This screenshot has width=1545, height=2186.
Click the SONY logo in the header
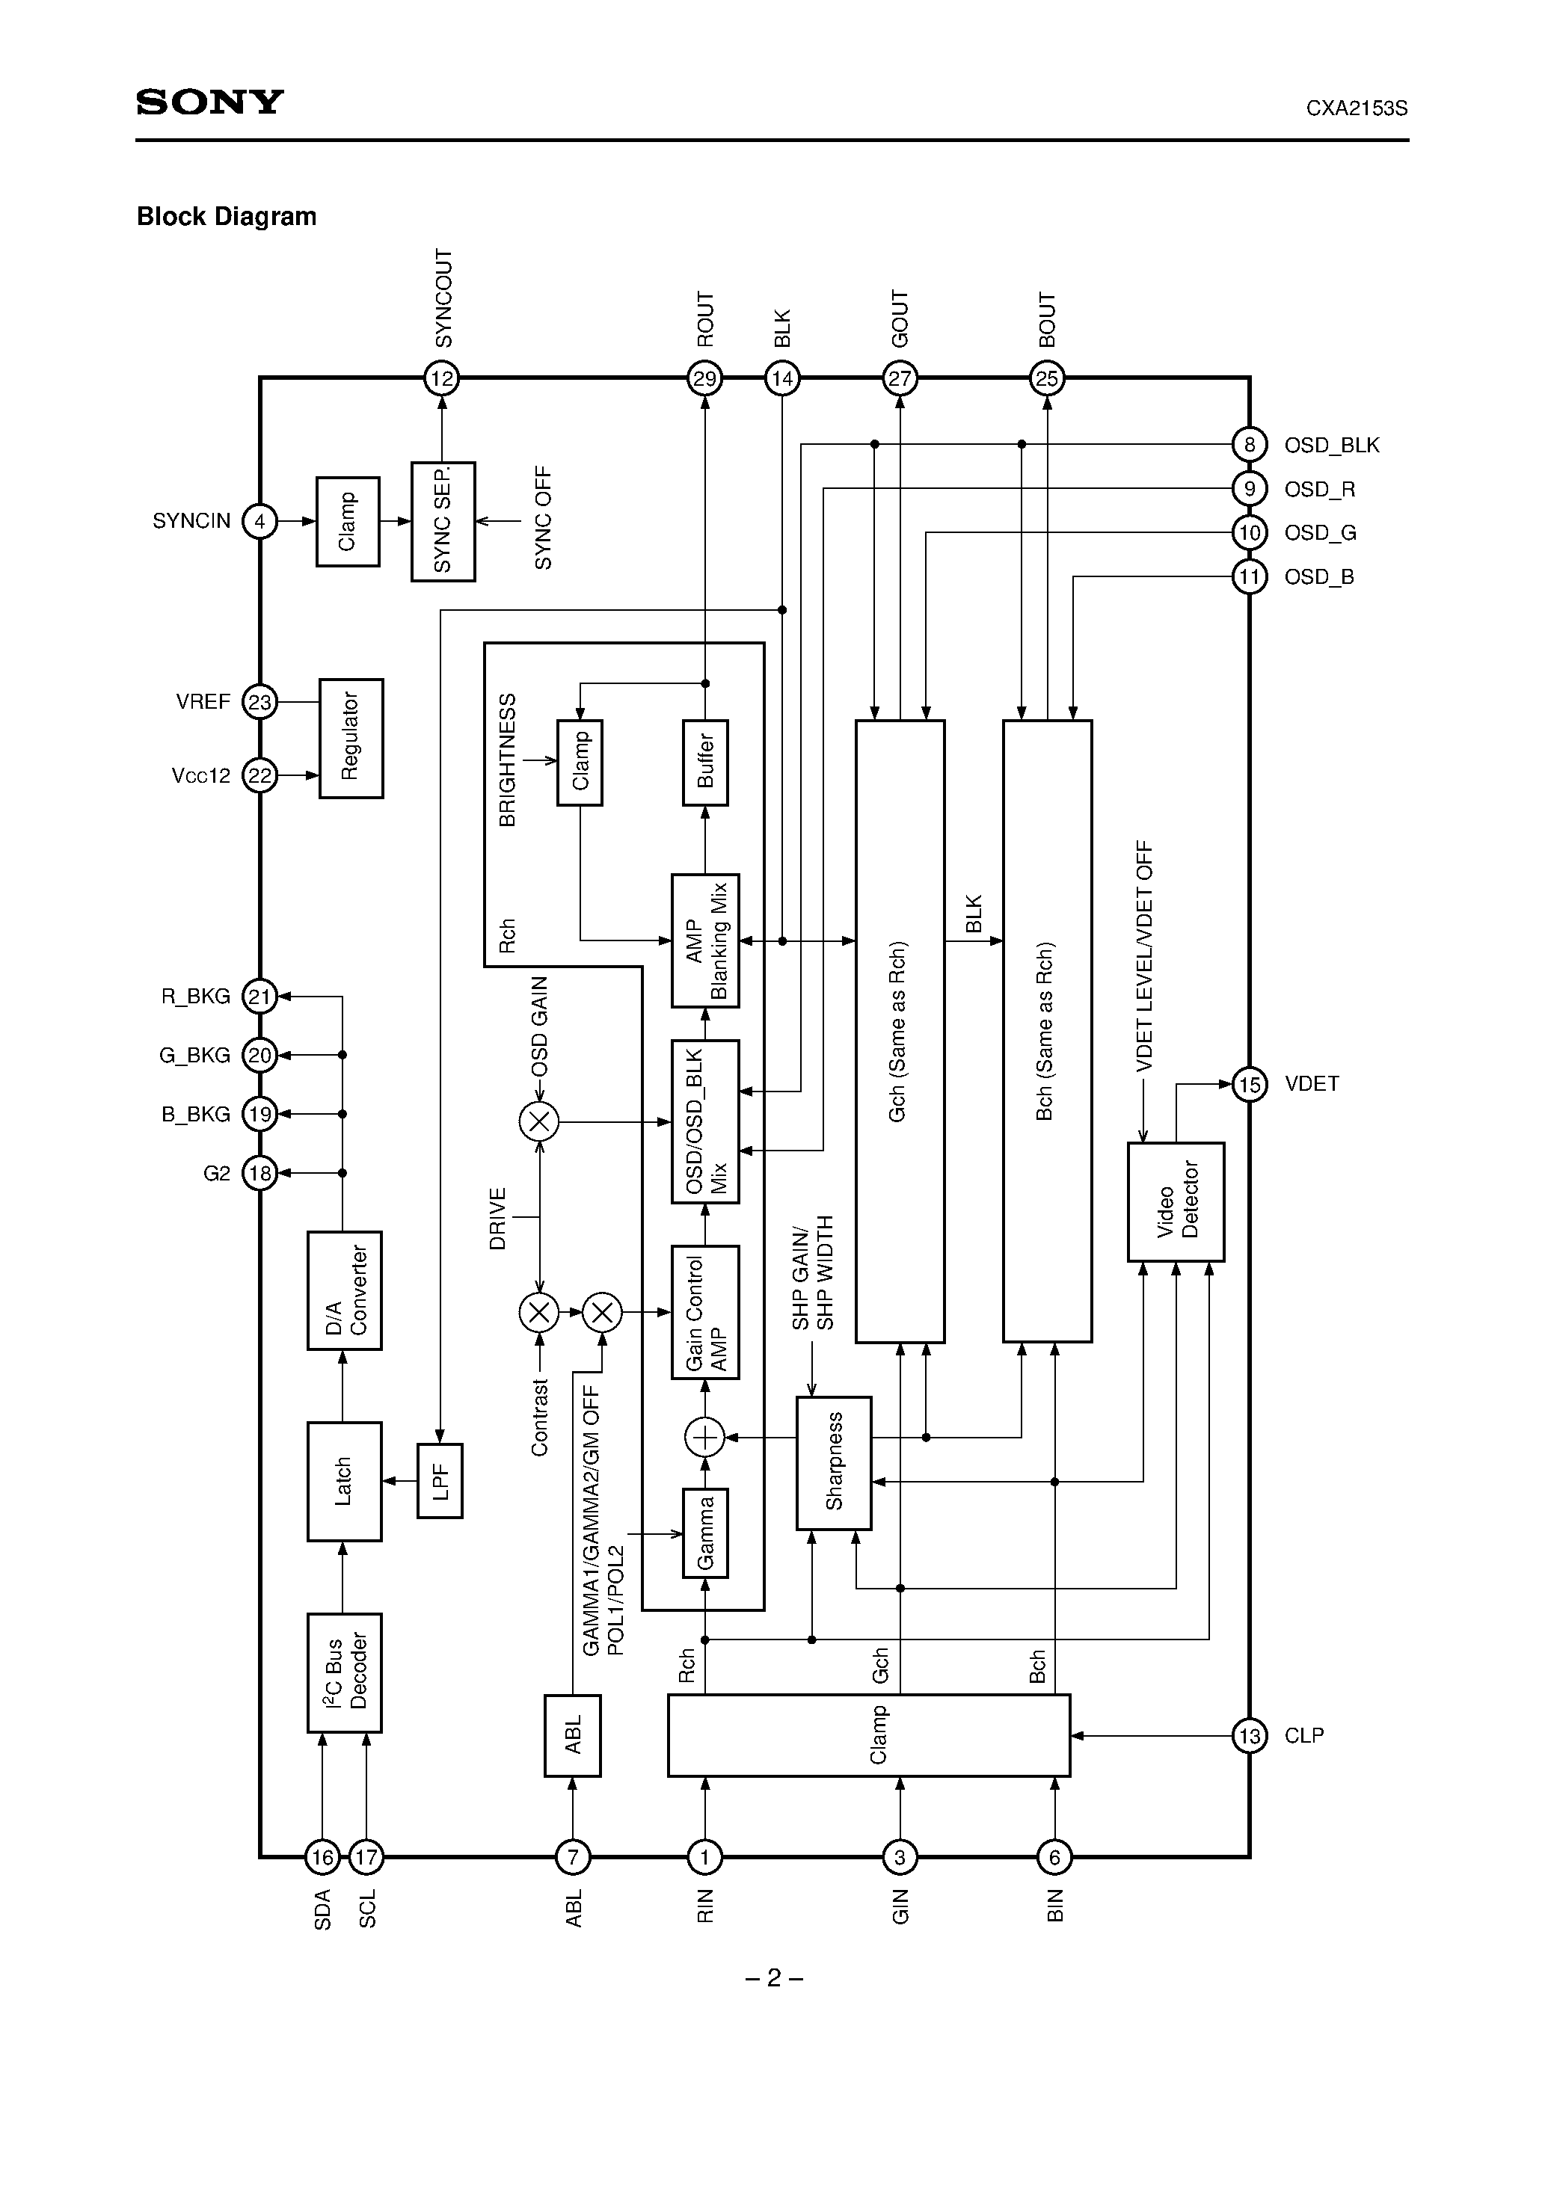click(x=209, y=102)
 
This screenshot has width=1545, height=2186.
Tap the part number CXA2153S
click(x=1357, y=108)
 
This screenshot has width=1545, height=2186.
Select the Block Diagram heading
click(x=227, y=217)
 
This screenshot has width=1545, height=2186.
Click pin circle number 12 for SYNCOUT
click(x=442, y=379)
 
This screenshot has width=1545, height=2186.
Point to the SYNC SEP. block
click(x=443, y=522)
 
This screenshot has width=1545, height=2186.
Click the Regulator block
click(x=351, y=738)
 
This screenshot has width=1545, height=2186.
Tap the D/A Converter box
click(x=344, y=1290)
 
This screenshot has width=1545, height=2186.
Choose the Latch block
click(x=344, y=1482)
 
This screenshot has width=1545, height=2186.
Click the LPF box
click(x=440, y=1482)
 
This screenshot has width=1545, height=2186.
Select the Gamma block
click(x=706, y=1533)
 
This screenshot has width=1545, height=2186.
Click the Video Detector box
click(x=1176, y=1201)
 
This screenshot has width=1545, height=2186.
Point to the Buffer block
click(x=706, y=763)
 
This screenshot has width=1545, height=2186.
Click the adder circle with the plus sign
click(x=705, y=1438)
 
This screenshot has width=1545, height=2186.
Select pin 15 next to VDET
click(x=1249, y=1085)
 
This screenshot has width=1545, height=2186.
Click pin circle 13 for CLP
click(x=1249, y=1736)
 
